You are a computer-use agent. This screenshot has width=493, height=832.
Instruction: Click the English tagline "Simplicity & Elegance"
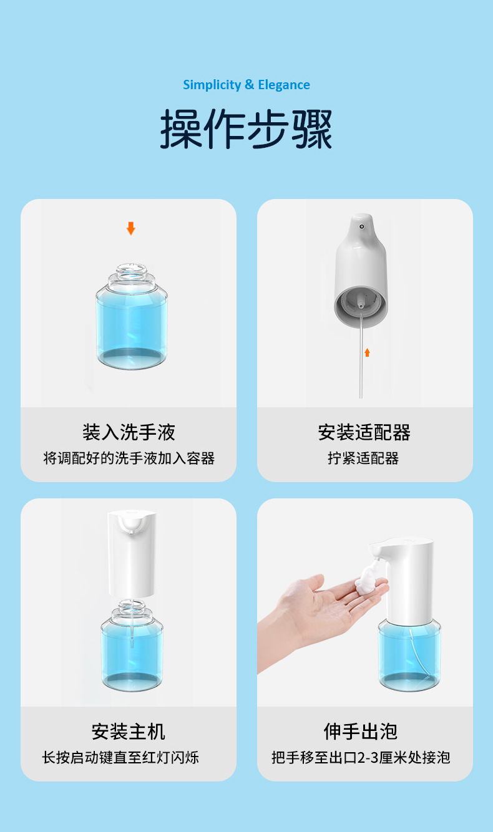click(x=246, y=85)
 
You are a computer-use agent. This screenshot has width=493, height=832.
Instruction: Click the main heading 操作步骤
click(x=246, y=129)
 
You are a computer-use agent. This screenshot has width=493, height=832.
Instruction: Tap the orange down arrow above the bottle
click(x=131, y=228)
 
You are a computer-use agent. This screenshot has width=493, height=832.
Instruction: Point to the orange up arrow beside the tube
click(x=367, y=352)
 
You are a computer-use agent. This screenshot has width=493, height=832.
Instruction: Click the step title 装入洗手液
click(x=129, y=432)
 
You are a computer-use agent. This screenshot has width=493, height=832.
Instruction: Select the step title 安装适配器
click(x=364, y=432)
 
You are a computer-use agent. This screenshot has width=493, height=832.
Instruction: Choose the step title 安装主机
click(x=129, y=732)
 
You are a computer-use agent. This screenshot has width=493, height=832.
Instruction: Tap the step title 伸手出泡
click(x=361, y=732)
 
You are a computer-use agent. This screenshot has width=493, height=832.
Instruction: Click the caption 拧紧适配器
click(x=363, y=458)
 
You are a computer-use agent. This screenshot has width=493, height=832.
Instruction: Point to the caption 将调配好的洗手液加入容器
click(x=129, y=458)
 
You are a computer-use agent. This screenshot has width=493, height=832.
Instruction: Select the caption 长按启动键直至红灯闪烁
click(x=120, y=758)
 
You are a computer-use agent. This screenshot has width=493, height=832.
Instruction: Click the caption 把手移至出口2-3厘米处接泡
click(x=361, y=758)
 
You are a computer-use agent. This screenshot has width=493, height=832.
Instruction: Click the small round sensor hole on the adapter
click(x=361, y=226)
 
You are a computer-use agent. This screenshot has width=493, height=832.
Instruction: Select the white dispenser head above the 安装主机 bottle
click(x=132, y=554)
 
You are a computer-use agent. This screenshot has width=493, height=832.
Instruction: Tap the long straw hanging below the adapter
click(x=361, y=356)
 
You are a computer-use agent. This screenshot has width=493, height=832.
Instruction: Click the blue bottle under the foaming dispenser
click(x=409, y=655)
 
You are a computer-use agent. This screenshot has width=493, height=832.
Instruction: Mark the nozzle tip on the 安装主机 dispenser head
click(x=131, y=531)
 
